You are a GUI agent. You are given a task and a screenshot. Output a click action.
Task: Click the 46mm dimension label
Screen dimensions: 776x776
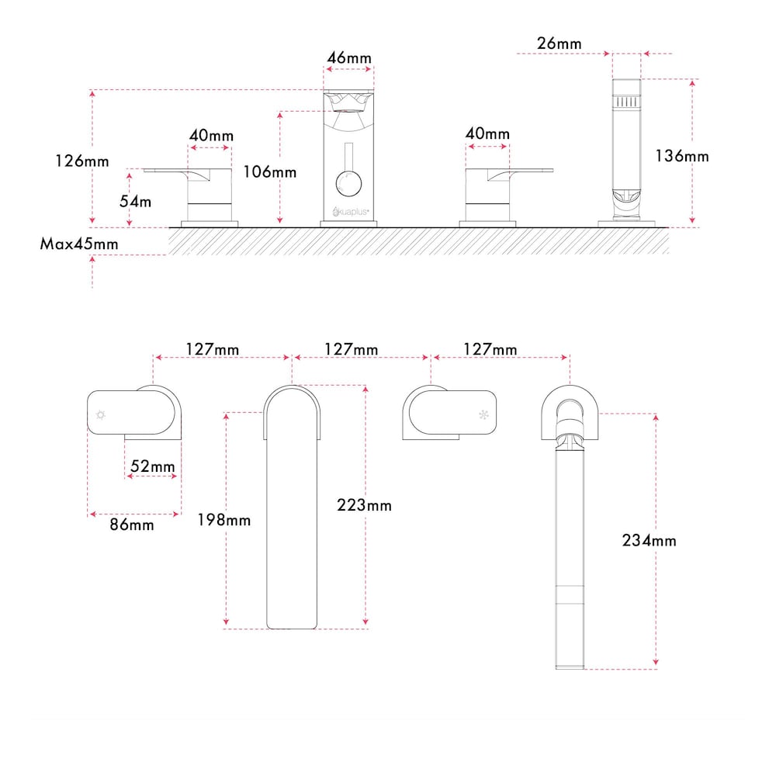click(x=349, y=58)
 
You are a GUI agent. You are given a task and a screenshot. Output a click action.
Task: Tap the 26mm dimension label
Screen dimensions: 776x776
click(x=559, y=43)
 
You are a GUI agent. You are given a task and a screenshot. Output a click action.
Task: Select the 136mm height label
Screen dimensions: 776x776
click(x=682, y=157)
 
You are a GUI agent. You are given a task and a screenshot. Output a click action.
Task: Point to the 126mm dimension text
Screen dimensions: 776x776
click(x=82, y=161)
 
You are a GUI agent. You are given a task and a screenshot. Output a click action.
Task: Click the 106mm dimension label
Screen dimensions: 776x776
click(x=270, y=172)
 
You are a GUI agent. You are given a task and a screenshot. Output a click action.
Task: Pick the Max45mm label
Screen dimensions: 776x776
click(x=79, y=244)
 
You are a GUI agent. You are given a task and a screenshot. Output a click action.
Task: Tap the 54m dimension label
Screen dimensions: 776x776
click(x=136, y=202)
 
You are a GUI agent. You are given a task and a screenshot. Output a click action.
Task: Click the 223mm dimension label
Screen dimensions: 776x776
click(x=364, y=505)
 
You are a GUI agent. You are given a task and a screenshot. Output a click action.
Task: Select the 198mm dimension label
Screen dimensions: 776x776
click(x=224, y=520)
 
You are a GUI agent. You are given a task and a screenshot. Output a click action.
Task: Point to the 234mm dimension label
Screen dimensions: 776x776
click(x=650, y=540)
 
